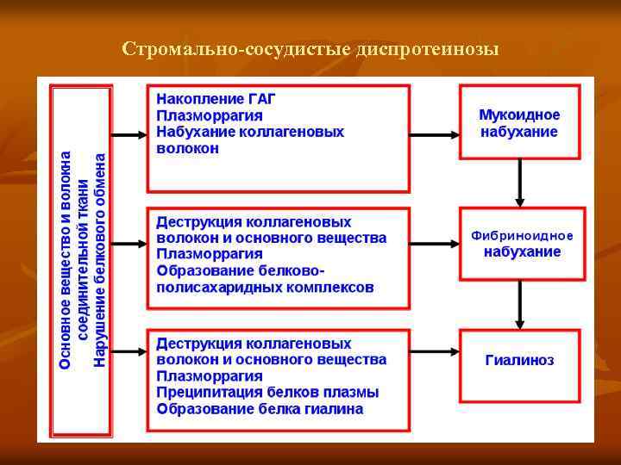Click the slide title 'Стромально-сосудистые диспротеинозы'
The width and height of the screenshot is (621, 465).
tap(310, 47)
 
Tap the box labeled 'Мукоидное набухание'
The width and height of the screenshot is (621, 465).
tap(519, 123)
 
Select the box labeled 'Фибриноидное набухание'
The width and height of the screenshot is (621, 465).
tap(522, 244)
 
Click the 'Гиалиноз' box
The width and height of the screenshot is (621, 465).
tap(519, 360)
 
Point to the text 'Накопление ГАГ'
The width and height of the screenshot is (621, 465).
tap(216, 98)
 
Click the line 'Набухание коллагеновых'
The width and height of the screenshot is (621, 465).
tap(249, 132)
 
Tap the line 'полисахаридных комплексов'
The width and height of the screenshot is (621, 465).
tap(265, 287)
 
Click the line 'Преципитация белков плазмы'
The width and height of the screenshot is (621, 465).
tap(267, 393)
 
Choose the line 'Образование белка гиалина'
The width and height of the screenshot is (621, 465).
tap(260, 409)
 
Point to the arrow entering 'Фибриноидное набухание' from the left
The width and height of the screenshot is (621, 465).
tap(434, 244)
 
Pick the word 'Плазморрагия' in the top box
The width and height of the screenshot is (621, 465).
tap(210, 115)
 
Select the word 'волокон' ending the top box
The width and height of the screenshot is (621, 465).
tap(187, 148)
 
